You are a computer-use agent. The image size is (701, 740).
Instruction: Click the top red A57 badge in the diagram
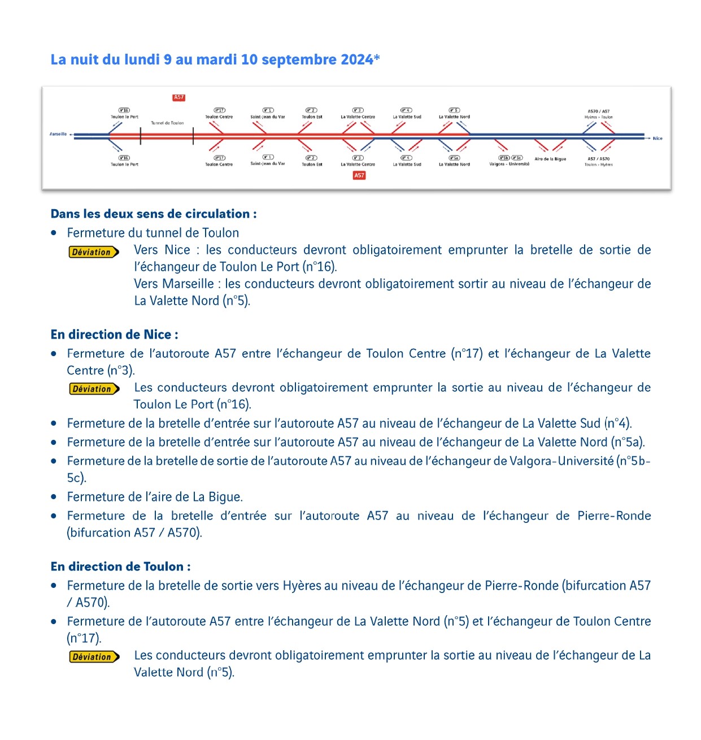[x=179, y=98]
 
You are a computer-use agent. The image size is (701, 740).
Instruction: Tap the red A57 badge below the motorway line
[x=359, y=176]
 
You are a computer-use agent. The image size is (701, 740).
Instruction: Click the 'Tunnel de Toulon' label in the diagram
[x=167, y=123]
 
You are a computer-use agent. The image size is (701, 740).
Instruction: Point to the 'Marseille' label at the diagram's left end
[x=58, y=134]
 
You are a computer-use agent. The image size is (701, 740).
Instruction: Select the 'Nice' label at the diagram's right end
[x=658, y=138]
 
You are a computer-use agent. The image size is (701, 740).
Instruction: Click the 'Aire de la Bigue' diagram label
[x=550, y=159]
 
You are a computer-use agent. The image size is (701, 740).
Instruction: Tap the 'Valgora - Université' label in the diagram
[x=509, y=164]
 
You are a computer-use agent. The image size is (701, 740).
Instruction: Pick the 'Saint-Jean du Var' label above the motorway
[x=268, y=117]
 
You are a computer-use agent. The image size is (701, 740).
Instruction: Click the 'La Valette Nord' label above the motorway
[x=454, y=117]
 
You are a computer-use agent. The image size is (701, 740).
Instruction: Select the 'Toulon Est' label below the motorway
[x=312, y=165]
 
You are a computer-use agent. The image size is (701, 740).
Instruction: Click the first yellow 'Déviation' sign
[x=94, y=252]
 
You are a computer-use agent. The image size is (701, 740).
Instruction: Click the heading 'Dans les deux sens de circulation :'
[x=154, y=214]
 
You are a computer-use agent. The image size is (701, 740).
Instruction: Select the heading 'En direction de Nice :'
[x=114, y=335]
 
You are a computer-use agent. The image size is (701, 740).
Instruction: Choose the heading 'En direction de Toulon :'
[x=120, y=566]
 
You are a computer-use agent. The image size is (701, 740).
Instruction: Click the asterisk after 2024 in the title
[x=377, y=58]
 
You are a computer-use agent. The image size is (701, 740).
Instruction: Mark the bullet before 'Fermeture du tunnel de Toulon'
[x=54, y=233]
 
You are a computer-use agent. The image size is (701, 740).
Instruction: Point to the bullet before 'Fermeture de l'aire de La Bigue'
[x=54, y=497]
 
